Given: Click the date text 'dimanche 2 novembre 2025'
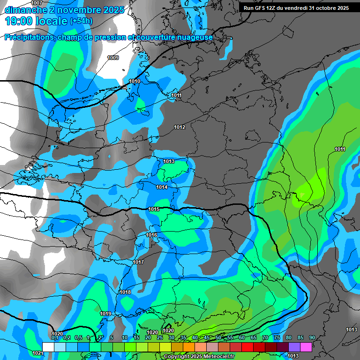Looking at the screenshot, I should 64,10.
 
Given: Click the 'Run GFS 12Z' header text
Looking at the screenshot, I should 261,8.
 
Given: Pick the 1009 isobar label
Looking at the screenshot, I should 113,58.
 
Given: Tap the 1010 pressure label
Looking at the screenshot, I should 135,81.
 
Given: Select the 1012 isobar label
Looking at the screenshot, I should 180,127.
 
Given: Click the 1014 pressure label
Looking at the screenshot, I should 162,187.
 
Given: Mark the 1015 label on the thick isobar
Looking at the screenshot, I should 153,209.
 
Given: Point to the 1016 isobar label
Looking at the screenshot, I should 151,235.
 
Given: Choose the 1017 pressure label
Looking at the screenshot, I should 138,262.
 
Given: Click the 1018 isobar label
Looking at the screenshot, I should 125,292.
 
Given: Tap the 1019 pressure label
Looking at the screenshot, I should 105,314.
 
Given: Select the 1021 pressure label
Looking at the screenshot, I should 37,353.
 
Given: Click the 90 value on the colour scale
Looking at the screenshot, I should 312,337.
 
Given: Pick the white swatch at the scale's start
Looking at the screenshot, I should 48,346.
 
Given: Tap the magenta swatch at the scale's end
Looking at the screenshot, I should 306,346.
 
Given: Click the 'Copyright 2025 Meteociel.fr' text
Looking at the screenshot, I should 199,356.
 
